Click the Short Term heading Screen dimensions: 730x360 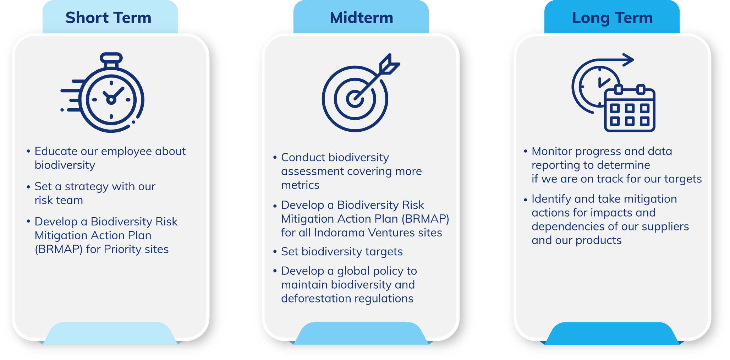tap(108, 18)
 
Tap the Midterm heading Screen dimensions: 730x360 tap(361, 18)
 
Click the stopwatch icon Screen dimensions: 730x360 tap(103, 93)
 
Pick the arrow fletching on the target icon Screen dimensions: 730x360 tap(389, 64)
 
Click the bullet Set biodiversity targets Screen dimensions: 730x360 tap(342, 252)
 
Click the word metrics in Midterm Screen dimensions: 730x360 tap(300, 185)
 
